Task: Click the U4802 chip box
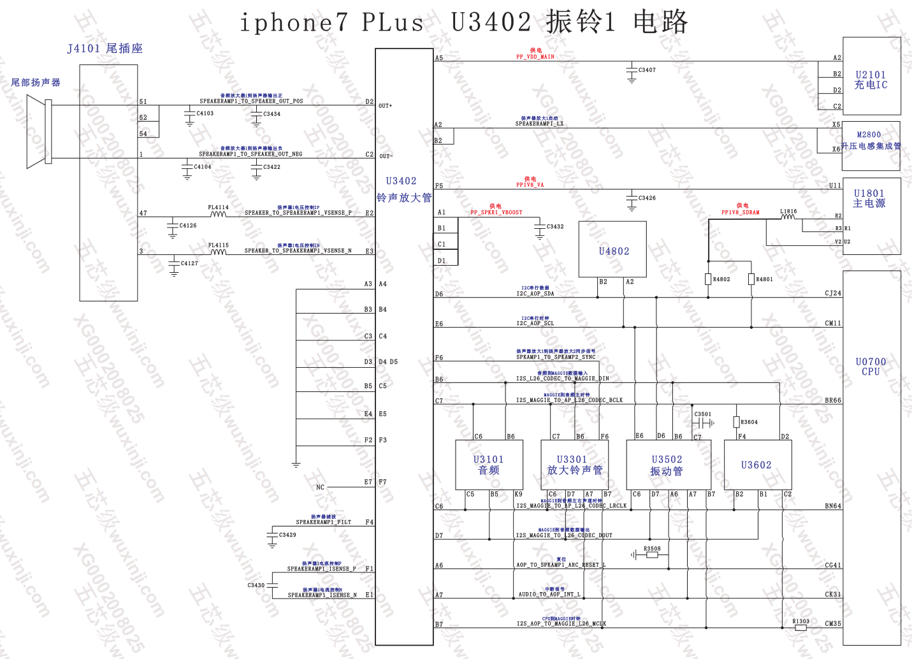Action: point(612,250)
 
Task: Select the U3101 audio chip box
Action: point(488,465)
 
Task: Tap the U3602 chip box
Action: point(756,465)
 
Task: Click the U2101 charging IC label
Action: point(871,80)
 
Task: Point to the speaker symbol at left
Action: point(38,131)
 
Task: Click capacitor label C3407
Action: point(647,70)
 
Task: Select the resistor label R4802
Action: point(721,279)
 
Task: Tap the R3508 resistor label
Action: point(652,548)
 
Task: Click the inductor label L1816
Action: point(788,211)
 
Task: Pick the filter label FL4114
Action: point(218,207)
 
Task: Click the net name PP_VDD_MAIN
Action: point(535,57)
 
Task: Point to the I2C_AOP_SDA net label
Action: point(535,294)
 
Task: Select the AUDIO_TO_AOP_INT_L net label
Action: point(549,595)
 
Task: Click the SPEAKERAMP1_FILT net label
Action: point(323,522)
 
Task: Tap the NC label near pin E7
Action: point(320,488)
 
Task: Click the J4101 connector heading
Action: point(105,48)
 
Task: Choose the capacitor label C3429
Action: point(287,535)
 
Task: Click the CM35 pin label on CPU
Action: point(833,623)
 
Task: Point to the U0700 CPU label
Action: point(871,366)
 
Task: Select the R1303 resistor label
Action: point(801,621)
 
